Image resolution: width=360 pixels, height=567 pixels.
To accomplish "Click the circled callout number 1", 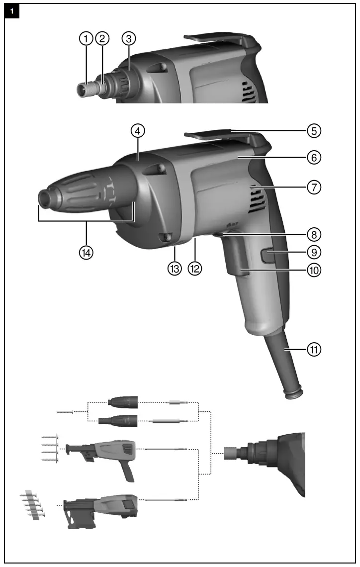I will [x=87, y=38].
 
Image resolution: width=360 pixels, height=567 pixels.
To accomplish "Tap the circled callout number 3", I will [x=129, y=38].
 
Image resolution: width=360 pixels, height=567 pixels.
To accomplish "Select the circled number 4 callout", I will [x=138, y=131].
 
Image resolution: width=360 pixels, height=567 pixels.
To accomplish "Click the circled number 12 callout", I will [x=195, y=269].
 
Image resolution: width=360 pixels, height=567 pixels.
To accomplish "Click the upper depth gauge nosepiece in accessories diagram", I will [x=122, y=402].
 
